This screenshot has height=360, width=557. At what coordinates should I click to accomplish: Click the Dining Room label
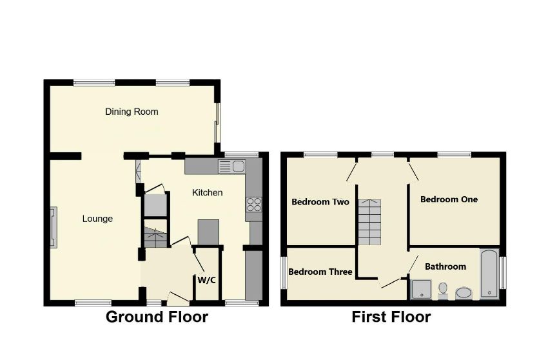[x=132, y=112]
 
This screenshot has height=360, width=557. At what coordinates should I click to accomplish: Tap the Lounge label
[x=97, y=219]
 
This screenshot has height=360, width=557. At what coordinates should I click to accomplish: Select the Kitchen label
[x=208, y=192]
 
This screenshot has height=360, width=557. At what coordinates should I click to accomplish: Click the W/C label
[x=206, y=279]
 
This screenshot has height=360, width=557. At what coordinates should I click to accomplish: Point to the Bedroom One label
[x=449, y=199]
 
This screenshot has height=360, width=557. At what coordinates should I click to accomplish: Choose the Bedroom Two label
[x=320, y=202]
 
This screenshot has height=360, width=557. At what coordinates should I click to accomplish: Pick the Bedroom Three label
[x=320, y=272]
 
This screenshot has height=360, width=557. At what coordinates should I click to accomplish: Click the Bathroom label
[x=445, y=266]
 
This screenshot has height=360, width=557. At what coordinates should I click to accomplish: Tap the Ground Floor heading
[x=157, y=317]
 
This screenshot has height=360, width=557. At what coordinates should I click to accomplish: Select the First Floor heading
[x=391, y=317]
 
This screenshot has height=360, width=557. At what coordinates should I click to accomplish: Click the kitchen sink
[x=231, y=166]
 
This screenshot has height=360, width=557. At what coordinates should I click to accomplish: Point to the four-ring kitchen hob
[x=253, y=205]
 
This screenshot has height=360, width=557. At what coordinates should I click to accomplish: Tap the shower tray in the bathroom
[x=421, y=289]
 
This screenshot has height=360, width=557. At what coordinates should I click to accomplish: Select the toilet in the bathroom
[x=443, y=290]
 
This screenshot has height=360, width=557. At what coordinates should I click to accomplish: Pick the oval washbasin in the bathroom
[x=464, y=293]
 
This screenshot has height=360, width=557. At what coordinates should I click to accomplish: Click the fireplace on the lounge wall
[x=53, y=226]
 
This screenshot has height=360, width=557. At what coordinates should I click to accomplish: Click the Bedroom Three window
[x=284, y=273]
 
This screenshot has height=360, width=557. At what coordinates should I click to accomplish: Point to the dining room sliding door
[x=217, y=123]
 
